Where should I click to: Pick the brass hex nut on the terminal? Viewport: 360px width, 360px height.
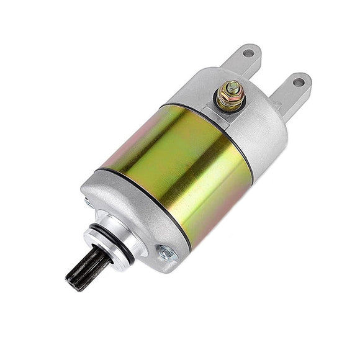230,98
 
